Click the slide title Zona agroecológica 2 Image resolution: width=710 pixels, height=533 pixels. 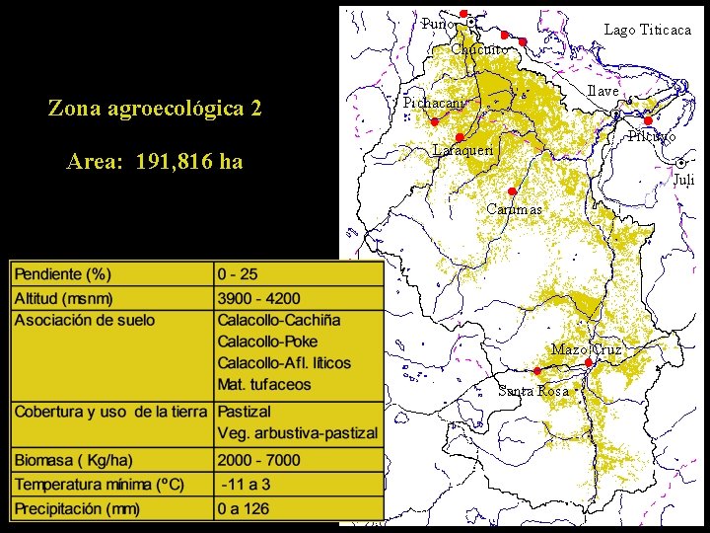pyautogui.click(x=155, y=108)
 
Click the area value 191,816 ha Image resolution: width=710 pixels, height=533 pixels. pyautogui.click(x=155, y=162)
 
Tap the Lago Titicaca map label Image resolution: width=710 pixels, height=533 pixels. pyautogui.click(x=647, y=31)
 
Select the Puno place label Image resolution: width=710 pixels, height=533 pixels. pyautogui.click(x=438, y=24)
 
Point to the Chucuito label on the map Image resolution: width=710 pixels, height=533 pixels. pyautogui.click(x=480, y=49)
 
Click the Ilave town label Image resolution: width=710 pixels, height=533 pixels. pyautogui.click(x=603, y=91)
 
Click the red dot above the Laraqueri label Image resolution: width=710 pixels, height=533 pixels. pyautogui.click(x=460, y=137)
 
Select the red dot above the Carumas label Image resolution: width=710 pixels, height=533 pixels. pyautogui.click(x=512, y=191)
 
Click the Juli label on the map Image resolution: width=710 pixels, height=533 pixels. pyautogui.click(x=683, y=180)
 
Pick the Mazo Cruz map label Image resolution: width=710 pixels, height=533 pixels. pyautogui.click(x=587, y=349)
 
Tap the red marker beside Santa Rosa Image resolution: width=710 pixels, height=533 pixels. pyautogui.click(x=537, y=371)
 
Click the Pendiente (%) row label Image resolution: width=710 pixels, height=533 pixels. pyautogui.click(x=62, y=273)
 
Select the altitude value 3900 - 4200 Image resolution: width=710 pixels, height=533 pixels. pyautogui.click(x=259, y=298)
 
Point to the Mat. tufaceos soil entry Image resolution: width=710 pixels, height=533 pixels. pyautogui.click(x=264, y=385)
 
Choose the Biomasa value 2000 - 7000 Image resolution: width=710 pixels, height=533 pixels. pyautogui.click(x=259, y=460)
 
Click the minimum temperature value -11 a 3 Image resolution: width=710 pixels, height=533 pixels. pyautogui.click(x=248, y=485)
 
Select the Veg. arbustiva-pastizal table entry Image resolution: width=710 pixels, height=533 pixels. pyautogui.click(x=297, y=433)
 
